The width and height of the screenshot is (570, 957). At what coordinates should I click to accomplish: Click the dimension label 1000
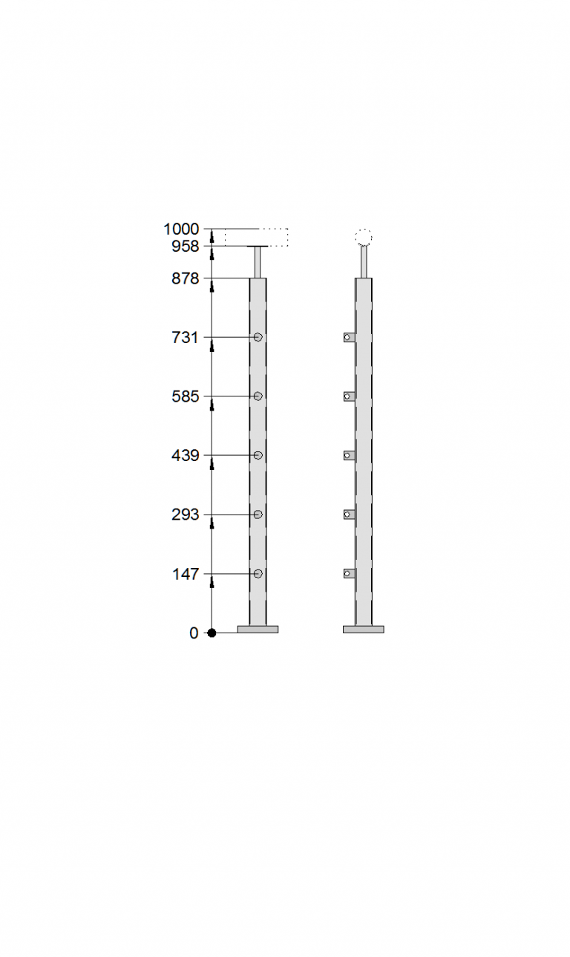tap(181, 229)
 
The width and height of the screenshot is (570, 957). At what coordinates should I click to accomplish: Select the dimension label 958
tap(186, 246)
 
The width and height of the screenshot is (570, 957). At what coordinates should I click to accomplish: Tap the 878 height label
tap(186, 279)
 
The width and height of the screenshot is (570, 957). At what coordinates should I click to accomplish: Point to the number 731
tap(186, 338)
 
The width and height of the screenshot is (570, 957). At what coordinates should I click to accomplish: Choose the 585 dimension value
tap(186, 397)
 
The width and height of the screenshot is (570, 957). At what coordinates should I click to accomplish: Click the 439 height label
tap(186, 456)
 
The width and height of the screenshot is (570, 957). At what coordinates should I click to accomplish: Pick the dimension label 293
tap(186, 515)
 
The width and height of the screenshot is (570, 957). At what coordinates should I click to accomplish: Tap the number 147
tap(186, 574)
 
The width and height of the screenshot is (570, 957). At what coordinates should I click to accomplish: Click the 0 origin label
tap(194, 633)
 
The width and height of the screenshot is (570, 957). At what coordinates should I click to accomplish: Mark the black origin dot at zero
tap(212, 633)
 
